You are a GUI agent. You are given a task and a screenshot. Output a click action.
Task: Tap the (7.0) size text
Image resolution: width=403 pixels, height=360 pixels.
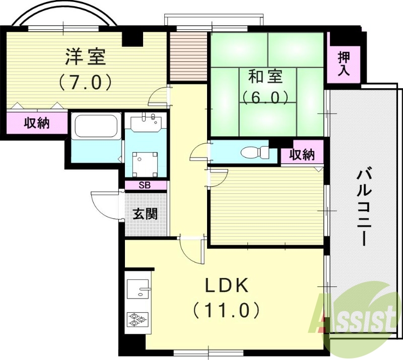[85, 82]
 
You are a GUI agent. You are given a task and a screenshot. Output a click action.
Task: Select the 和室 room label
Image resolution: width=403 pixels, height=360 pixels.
[265, 77]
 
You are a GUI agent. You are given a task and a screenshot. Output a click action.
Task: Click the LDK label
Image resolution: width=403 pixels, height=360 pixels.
[226, 286]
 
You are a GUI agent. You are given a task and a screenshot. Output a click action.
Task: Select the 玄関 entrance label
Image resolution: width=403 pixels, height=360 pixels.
[145, 214]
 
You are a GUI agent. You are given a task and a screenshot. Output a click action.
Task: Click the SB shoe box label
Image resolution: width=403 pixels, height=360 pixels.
[145, 185]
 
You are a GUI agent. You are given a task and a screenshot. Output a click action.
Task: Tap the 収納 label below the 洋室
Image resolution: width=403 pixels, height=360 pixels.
[37, 122]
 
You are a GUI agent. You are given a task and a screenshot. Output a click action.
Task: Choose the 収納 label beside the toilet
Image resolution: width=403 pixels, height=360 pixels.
[302, 155]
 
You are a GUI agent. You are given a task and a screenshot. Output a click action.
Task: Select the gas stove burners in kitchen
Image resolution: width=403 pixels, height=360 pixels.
[137, 318]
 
